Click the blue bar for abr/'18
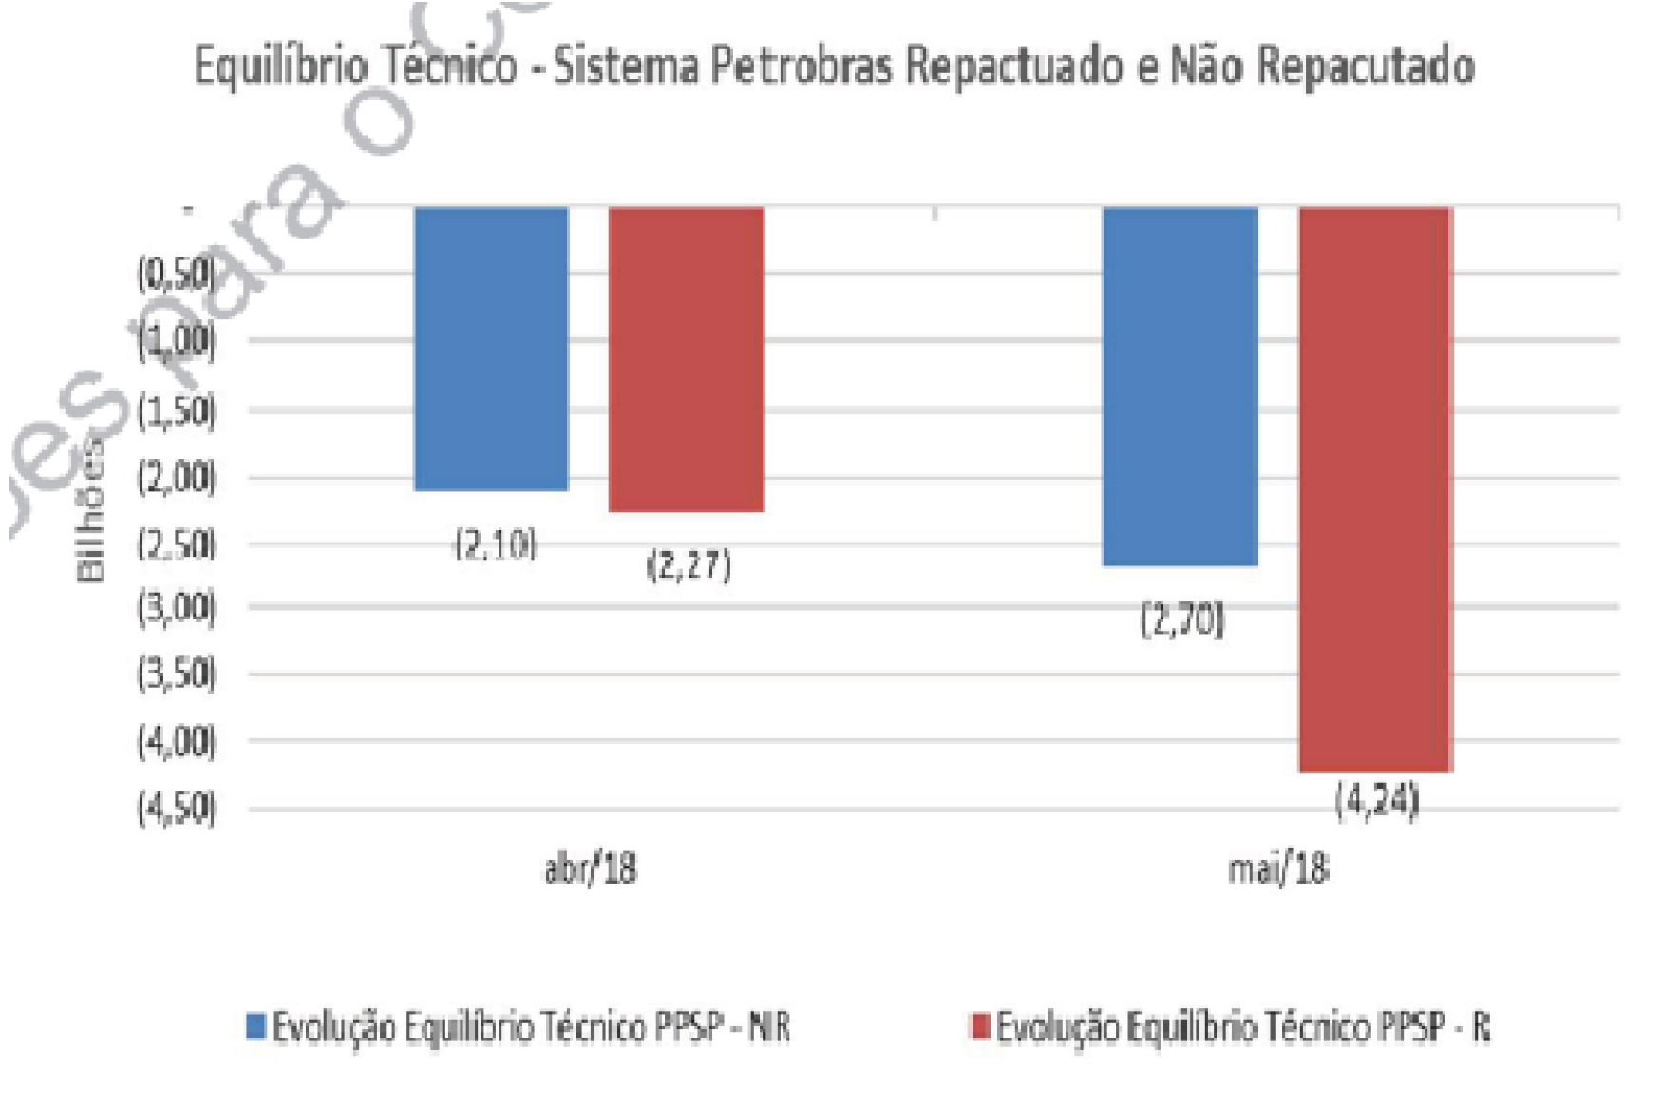pos(491,348)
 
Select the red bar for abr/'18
pos(686,359)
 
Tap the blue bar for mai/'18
pos(1180,386)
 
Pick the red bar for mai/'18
pos(1375,488)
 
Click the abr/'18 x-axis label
pos(590,868)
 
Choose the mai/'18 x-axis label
pos(1277,868)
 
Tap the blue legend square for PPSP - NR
pos(255,1026)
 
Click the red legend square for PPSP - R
pos(980,1026)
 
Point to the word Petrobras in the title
pos(802,67)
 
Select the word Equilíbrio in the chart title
pos(281,67)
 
